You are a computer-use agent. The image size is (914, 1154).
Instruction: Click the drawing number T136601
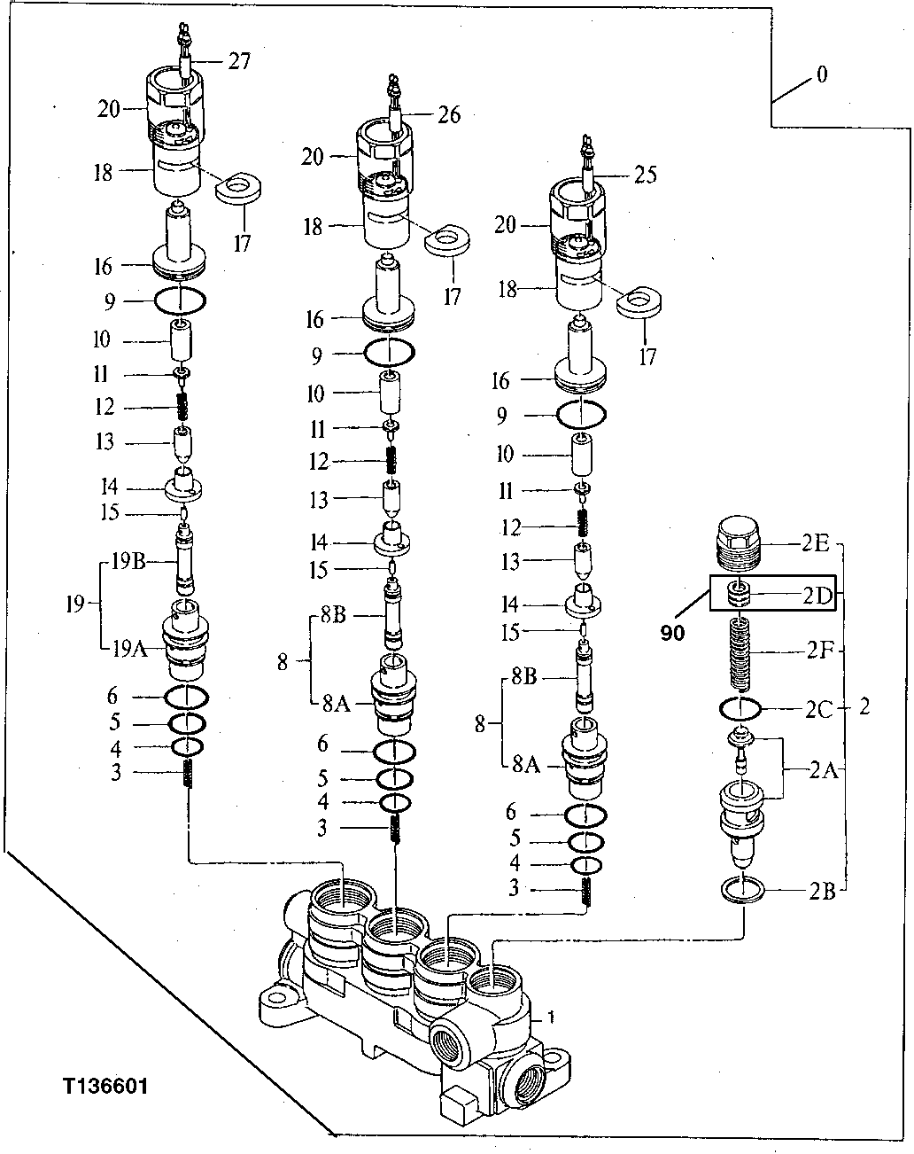coord(105,1086)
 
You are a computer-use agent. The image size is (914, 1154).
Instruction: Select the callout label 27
coord(238,61)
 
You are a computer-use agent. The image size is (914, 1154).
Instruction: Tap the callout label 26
coord(449,114)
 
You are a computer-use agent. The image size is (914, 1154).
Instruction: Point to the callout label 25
coord(646,175)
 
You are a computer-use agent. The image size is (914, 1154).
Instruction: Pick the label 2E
coord(815,543)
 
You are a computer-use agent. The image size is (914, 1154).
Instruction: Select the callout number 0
coord(822,75)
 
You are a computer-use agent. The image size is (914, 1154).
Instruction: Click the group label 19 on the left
coord(75,604)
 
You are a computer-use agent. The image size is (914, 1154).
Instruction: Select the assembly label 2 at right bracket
coord(864,707)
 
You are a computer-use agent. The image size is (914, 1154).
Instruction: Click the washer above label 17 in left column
coord(240,189)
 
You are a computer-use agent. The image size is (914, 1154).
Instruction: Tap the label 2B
coord(821,891)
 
